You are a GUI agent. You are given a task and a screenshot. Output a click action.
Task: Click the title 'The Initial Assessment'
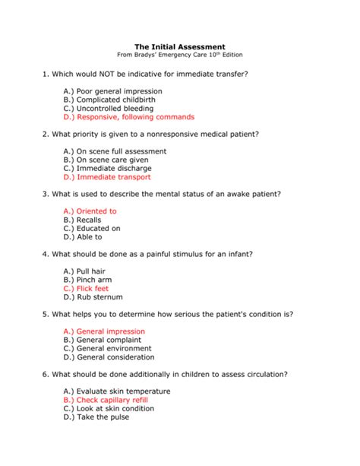tap(179, 46)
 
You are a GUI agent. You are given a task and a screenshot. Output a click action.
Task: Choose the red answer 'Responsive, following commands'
tap(129, 117)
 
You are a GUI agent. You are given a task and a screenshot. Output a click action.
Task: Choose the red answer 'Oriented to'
tap(90, 211)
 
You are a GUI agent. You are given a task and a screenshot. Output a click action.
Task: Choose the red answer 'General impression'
tap(104, 331)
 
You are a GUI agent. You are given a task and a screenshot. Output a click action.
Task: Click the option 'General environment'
tap(106, 348)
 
